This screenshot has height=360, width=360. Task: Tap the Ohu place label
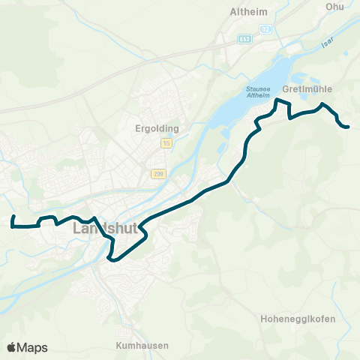coord(334,7)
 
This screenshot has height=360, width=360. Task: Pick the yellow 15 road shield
coord(166,142)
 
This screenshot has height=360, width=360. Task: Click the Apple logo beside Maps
coord(11,347)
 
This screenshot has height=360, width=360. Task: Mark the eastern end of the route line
coord(349,127)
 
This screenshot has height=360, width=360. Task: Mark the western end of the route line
coord(13,216)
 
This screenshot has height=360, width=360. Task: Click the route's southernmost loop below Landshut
coord(112,259)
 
